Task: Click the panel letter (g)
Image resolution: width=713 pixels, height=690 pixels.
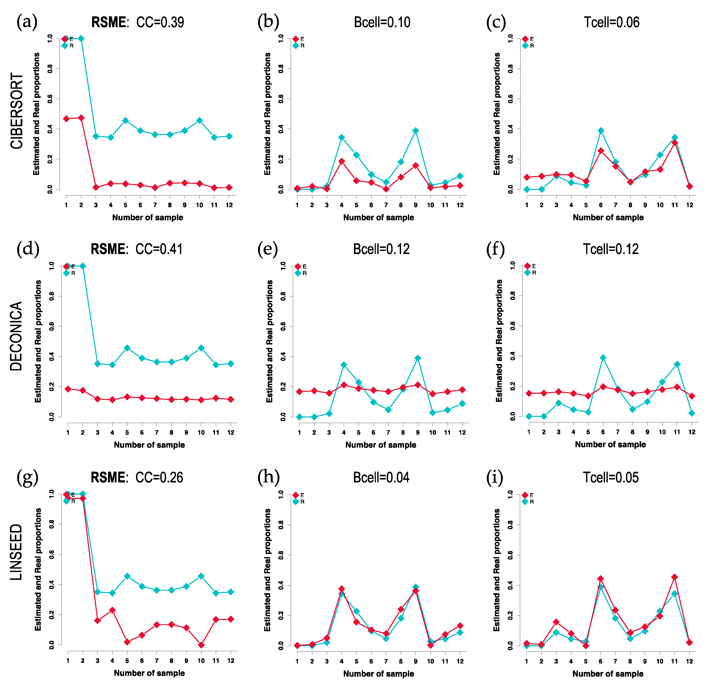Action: pyautogui.click(x=27, y=478)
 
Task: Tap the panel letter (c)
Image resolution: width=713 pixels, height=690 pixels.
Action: pyautogui.click(x=496, y=22)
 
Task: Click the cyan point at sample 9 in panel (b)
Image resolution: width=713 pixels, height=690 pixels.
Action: pyautogui.click(x=415, y=131)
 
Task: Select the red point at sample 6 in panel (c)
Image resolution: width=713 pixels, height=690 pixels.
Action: pyautogui.click(x=601, y=151)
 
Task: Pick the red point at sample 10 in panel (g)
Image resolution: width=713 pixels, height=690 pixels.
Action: pyautogui.click(x=201, y=645)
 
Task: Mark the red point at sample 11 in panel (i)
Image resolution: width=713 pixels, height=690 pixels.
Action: pyautogui.click(x=674, y=577)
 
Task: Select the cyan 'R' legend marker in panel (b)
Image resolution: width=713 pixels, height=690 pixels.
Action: pyautogui.click(x=296, y=45)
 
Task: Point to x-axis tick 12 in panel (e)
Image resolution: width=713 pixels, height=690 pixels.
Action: pyautogui.click(x=462, y=432)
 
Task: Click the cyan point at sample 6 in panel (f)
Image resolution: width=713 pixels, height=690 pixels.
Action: pyautogui.click(x=603, y=358)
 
